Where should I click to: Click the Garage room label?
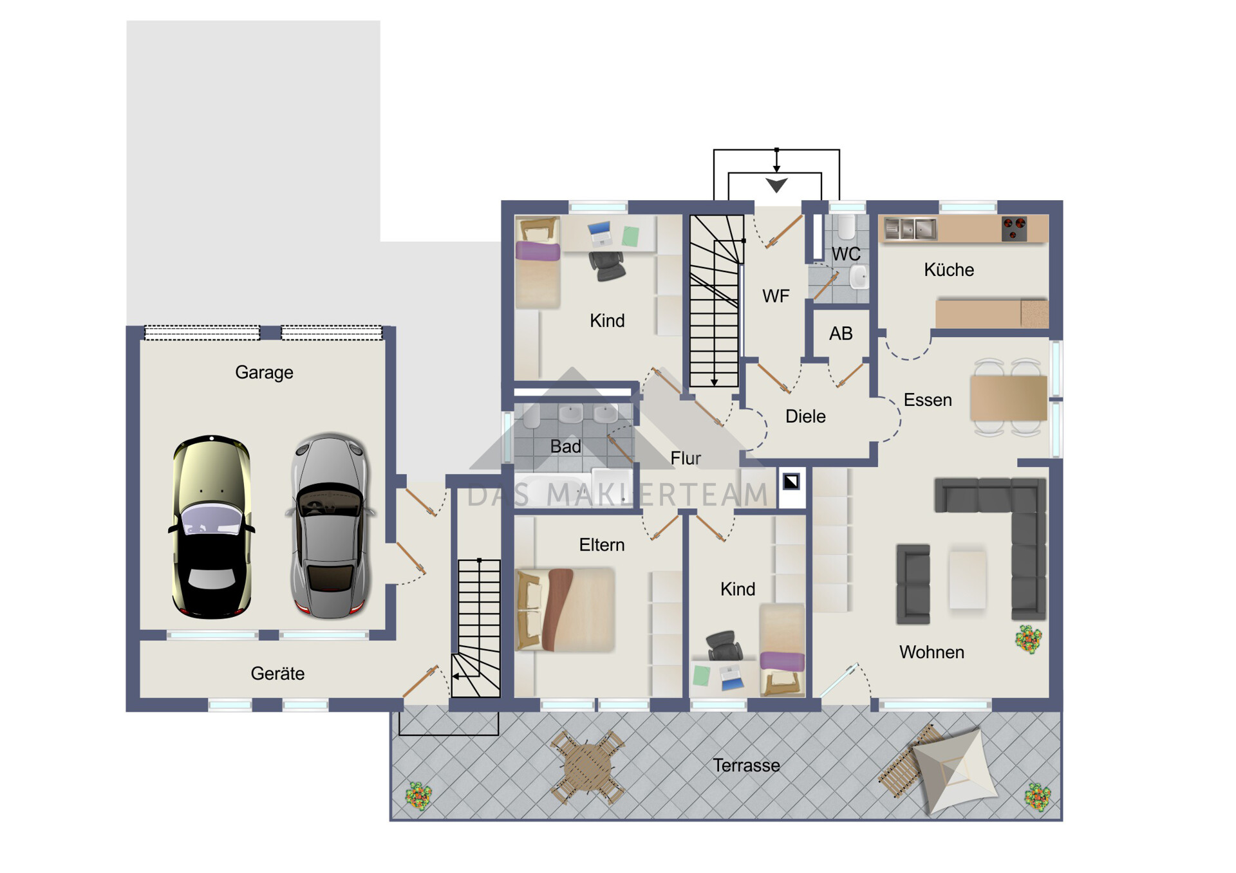(x=264, y=372)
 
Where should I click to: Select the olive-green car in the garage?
(x=212, y=527)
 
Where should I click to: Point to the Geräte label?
(x=277, y=674)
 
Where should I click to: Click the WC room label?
(x=846, y=254)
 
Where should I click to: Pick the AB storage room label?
(x=841, y=333)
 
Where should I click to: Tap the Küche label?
(x=949, y=270)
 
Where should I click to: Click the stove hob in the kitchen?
(x=1014, y=228)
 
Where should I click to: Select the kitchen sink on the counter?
(x=910, y=228)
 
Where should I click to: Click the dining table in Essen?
(x=1009, y=398)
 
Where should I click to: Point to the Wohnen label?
(x=932, y=652)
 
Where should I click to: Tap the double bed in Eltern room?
(x=565, y=610)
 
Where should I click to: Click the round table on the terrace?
(x=588, y=767)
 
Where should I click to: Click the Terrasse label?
(x=746, y=766)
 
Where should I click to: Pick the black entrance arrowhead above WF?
(x=777, y=185)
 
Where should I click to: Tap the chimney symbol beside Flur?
(x=791, y=481)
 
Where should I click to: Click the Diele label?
(x=805, y=416)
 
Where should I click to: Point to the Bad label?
(x=565, y=446)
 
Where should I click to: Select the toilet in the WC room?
(x=846, y=227)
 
